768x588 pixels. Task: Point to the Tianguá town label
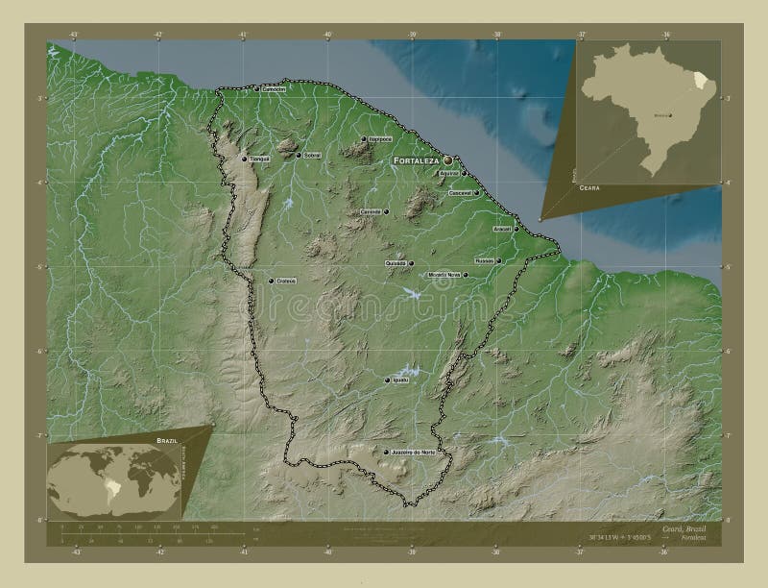[259, 159]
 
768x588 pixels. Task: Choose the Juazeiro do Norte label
[415, 453]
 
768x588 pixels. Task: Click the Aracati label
[503, 230]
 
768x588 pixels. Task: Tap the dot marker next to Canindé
[386, 211]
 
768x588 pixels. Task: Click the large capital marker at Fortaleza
[447, 160]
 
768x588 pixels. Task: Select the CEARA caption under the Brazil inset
[588, 190]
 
